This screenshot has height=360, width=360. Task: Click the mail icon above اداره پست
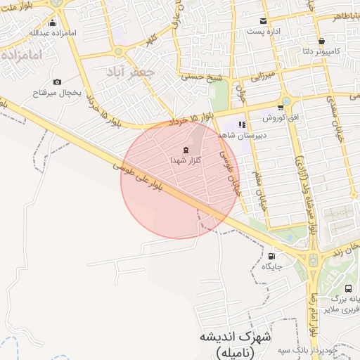(x=263, y=21)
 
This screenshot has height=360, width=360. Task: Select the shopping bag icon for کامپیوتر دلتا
(x=321, y=41)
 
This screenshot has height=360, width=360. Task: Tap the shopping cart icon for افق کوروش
(x=281, y=107)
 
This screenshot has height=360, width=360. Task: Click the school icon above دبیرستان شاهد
(x=242, y=124)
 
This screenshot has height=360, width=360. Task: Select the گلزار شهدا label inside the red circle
(x=186, y=160)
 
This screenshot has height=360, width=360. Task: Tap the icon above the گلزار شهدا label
(x=186, y=150)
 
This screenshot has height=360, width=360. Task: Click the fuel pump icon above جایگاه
(x=271, y=256)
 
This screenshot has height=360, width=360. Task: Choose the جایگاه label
(x=272, y=266)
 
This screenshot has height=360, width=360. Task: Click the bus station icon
(x=349, y=288)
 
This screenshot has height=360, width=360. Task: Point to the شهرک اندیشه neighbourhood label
(x=236, y=336)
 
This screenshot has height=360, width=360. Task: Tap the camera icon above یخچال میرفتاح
(x=57, y=82)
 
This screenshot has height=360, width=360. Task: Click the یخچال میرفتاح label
(x=57, y=92)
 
